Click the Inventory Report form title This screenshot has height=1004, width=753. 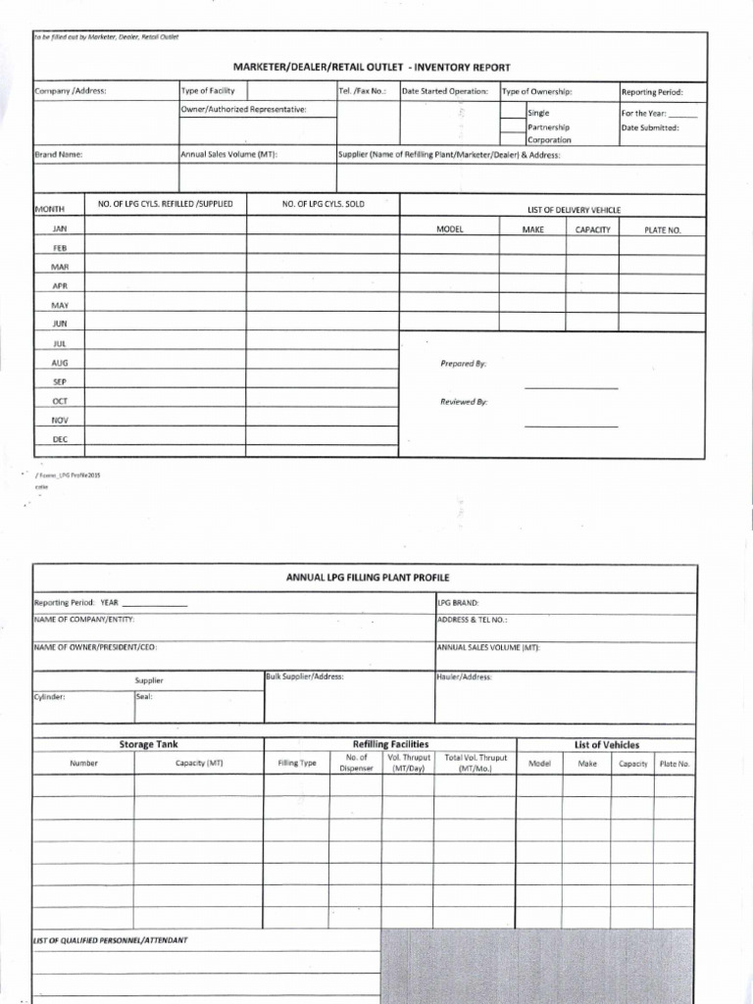tap(371, 67)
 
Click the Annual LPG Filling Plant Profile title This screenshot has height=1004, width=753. tap(367, 577)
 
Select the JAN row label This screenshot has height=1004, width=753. tap(59, 227)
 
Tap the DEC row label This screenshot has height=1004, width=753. tap(59, 439)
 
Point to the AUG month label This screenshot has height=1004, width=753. tap(59, 362)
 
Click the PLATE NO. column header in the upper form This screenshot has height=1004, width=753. tap(661, 229)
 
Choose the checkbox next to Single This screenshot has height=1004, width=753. tap(513, 113)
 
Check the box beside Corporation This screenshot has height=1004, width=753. tap(513, 139)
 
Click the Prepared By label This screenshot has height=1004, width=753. tap(463, 364)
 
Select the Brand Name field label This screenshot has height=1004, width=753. tap(59, 154)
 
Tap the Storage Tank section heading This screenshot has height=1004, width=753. tap(148, 745)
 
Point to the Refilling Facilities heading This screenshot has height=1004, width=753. tap(390, 745)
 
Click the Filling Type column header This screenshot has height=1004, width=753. tap(297, 763)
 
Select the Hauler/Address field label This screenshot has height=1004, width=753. tap(464, 677)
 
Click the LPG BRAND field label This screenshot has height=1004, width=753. tap(458, 603)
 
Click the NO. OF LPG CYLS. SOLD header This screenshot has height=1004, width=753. tap(323, 204)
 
